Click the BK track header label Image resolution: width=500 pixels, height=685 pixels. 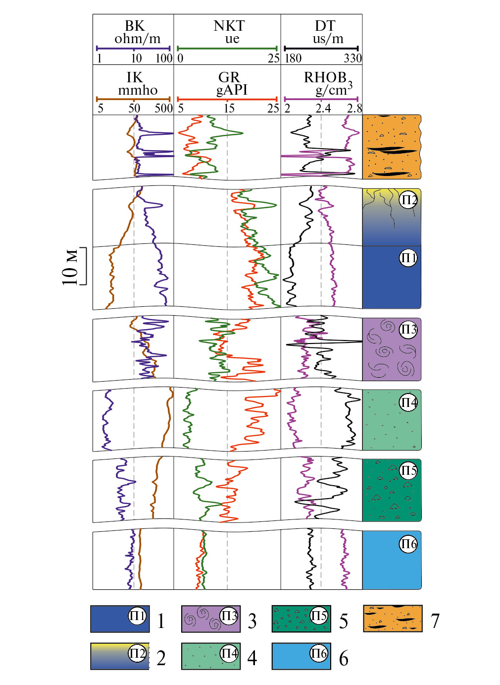pos(134,26)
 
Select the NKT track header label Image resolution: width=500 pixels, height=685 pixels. pos(229,26)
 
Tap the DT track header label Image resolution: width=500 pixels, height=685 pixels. pos(325,26)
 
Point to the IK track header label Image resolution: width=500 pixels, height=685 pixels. pos(134,77)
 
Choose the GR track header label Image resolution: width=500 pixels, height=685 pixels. pos(229,77)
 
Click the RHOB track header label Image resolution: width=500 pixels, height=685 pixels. pos(325,78)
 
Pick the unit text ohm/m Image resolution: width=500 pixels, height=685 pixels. pos(137,39)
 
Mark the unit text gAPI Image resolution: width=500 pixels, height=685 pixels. pos(232,90)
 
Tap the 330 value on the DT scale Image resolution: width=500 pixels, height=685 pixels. pos(352,58)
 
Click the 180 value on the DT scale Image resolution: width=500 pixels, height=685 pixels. pos(293,58)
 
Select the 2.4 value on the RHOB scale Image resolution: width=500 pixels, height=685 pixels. pos(323,109)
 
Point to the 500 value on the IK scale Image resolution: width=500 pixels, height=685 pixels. pos(163,109)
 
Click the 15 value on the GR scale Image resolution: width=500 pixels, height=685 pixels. pos(229,109)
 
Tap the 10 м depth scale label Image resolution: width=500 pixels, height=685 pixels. pos(70,267)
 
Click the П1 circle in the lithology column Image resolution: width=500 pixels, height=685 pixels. pos(408,258)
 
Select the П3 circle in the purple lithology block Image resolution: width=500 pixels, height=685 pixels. pos(408,330)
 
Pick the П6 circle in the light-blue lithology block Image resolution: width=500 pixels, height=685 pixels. pos(408,544)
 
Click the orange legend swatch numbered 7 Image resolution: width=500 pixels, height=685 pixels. pos(393,618)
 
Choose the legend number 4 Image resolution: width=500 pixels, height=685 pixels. pos(252,658)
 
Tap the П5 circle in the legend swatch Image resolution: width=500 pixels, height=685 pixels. pos(319,616)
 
